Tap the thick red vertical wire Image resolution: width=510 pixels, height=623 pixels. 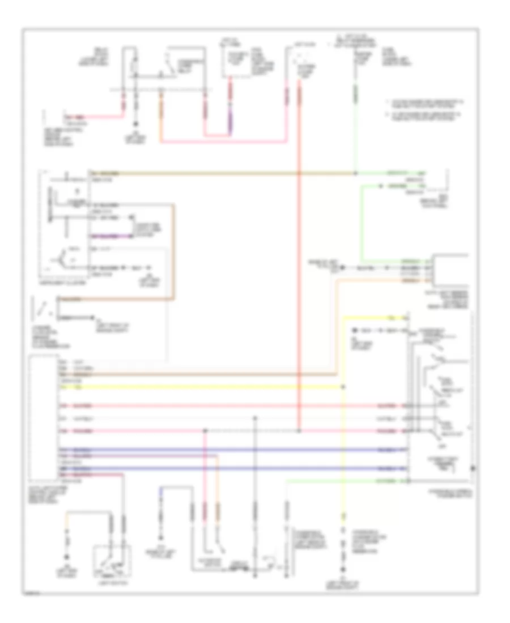click(299, 283)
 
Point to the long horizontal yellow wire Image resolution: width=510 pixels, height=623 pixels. click(198, 388)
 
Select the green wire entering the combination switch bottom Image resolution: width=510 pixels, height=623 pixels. click(340, 480)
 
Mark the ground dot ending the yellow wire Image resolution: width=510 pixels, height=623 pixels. click(342, 570)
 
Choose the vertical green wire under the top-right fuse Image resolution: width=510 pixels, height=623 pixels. click(355, 130)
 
